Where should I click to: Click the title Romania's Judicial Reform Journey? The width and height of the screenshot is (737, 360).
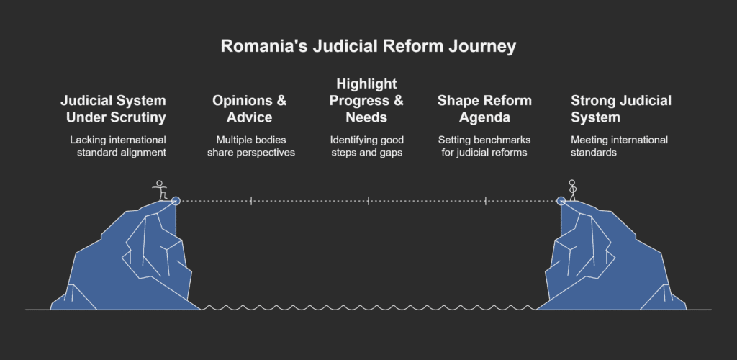[368, 47]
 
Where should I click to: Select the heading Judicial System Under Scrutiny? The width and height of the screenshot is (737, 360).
[114, 109]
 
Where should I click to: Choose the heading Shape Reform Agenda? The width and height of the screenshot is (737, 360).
[484, 109]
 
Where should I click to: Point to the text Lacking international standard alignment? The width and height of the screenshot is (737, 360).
[118, 146]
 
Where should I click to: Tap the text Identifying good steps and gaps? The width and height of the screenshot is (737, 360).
[368, 146]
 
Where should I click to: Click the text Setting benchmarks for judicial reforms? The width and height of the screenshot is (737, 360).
[484, 146]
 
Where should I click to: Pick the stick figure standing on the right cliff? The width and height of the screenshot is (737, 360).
[573, 190]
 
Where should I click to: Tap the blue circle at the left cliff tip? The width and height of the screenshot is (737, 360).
[176, 201]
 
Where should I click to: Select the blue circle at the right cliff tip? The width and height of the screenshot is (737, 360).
[561, 201]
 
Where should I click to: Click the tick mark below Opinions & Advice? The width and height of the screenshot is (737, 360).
[251, 201]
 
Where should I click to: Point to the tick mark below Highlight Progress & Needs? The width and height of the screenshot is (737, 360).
[368, 201]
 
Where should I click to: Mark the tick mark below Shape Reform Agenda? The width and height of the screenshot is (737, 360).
[486, 201]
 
